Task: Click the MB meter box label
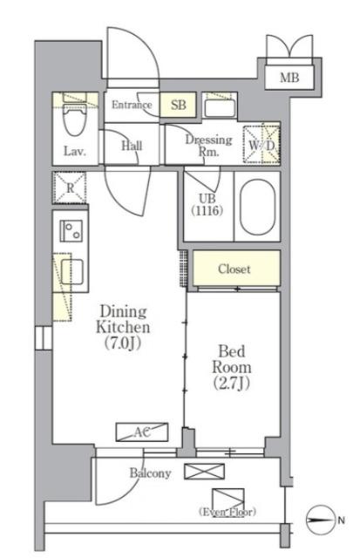289,78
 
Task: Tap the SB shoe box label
178,105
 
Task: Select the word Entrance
132,105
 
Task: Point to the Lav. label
75,152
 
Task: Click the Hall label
132,146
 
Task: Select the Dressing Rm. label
209,146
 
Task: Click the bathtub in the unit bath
257,207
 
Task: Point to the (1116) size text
207,211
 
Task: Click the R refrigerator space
70,187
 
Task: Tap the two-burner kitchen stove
71,231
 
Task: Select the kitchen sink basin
71,272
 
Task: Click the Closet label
234,269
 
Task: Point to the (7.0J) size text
123,343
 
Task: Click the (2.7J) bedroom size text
232,384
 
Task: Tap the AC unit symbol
142,432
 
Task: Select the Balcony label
150,473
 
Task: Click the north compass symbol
321,520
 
